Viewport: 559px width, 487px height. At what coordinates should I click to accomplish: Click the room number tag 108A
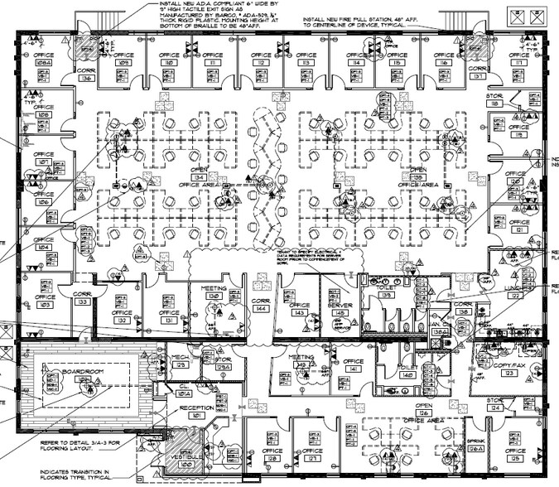coord(43,62)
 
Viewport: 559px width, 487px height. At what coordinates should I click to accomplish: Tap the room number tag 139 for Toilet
coord(387,294)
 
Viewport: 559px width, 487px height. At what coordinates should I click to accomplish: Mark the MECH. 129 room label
coord(181,362)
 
